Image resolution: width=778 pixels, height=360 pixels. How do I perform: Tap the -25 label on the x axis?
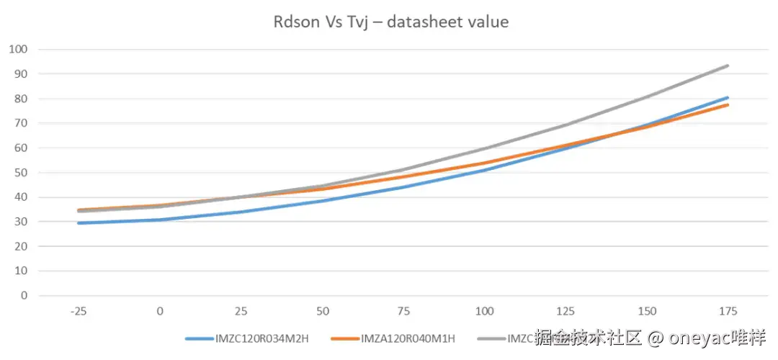[x=79, y=311]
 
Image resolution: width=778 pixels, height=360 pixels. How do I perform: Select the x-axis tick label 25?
[x=241, y=311]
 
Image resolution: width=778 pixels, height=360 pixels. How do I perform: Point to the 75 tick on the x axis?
[x=403, y=311]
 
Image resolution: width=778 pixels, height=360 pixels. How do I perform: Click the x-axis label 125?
[x=565, y=311]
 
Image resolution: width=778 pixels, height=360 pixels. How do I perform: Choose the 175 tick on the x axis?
[x=728, y=311]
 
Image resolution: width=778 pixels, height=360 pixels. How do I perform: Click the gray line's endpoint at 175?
[x=728, y=66]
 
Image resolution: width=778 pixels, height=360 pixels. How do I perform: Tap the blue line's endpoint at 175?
[x=728, y=97]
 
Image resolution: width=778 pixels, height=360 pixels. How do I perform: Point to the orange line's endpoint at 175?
[x=728, y=104]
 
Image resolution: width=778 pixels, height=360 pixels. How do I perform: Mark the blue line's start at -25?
[x=79, y=223]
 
